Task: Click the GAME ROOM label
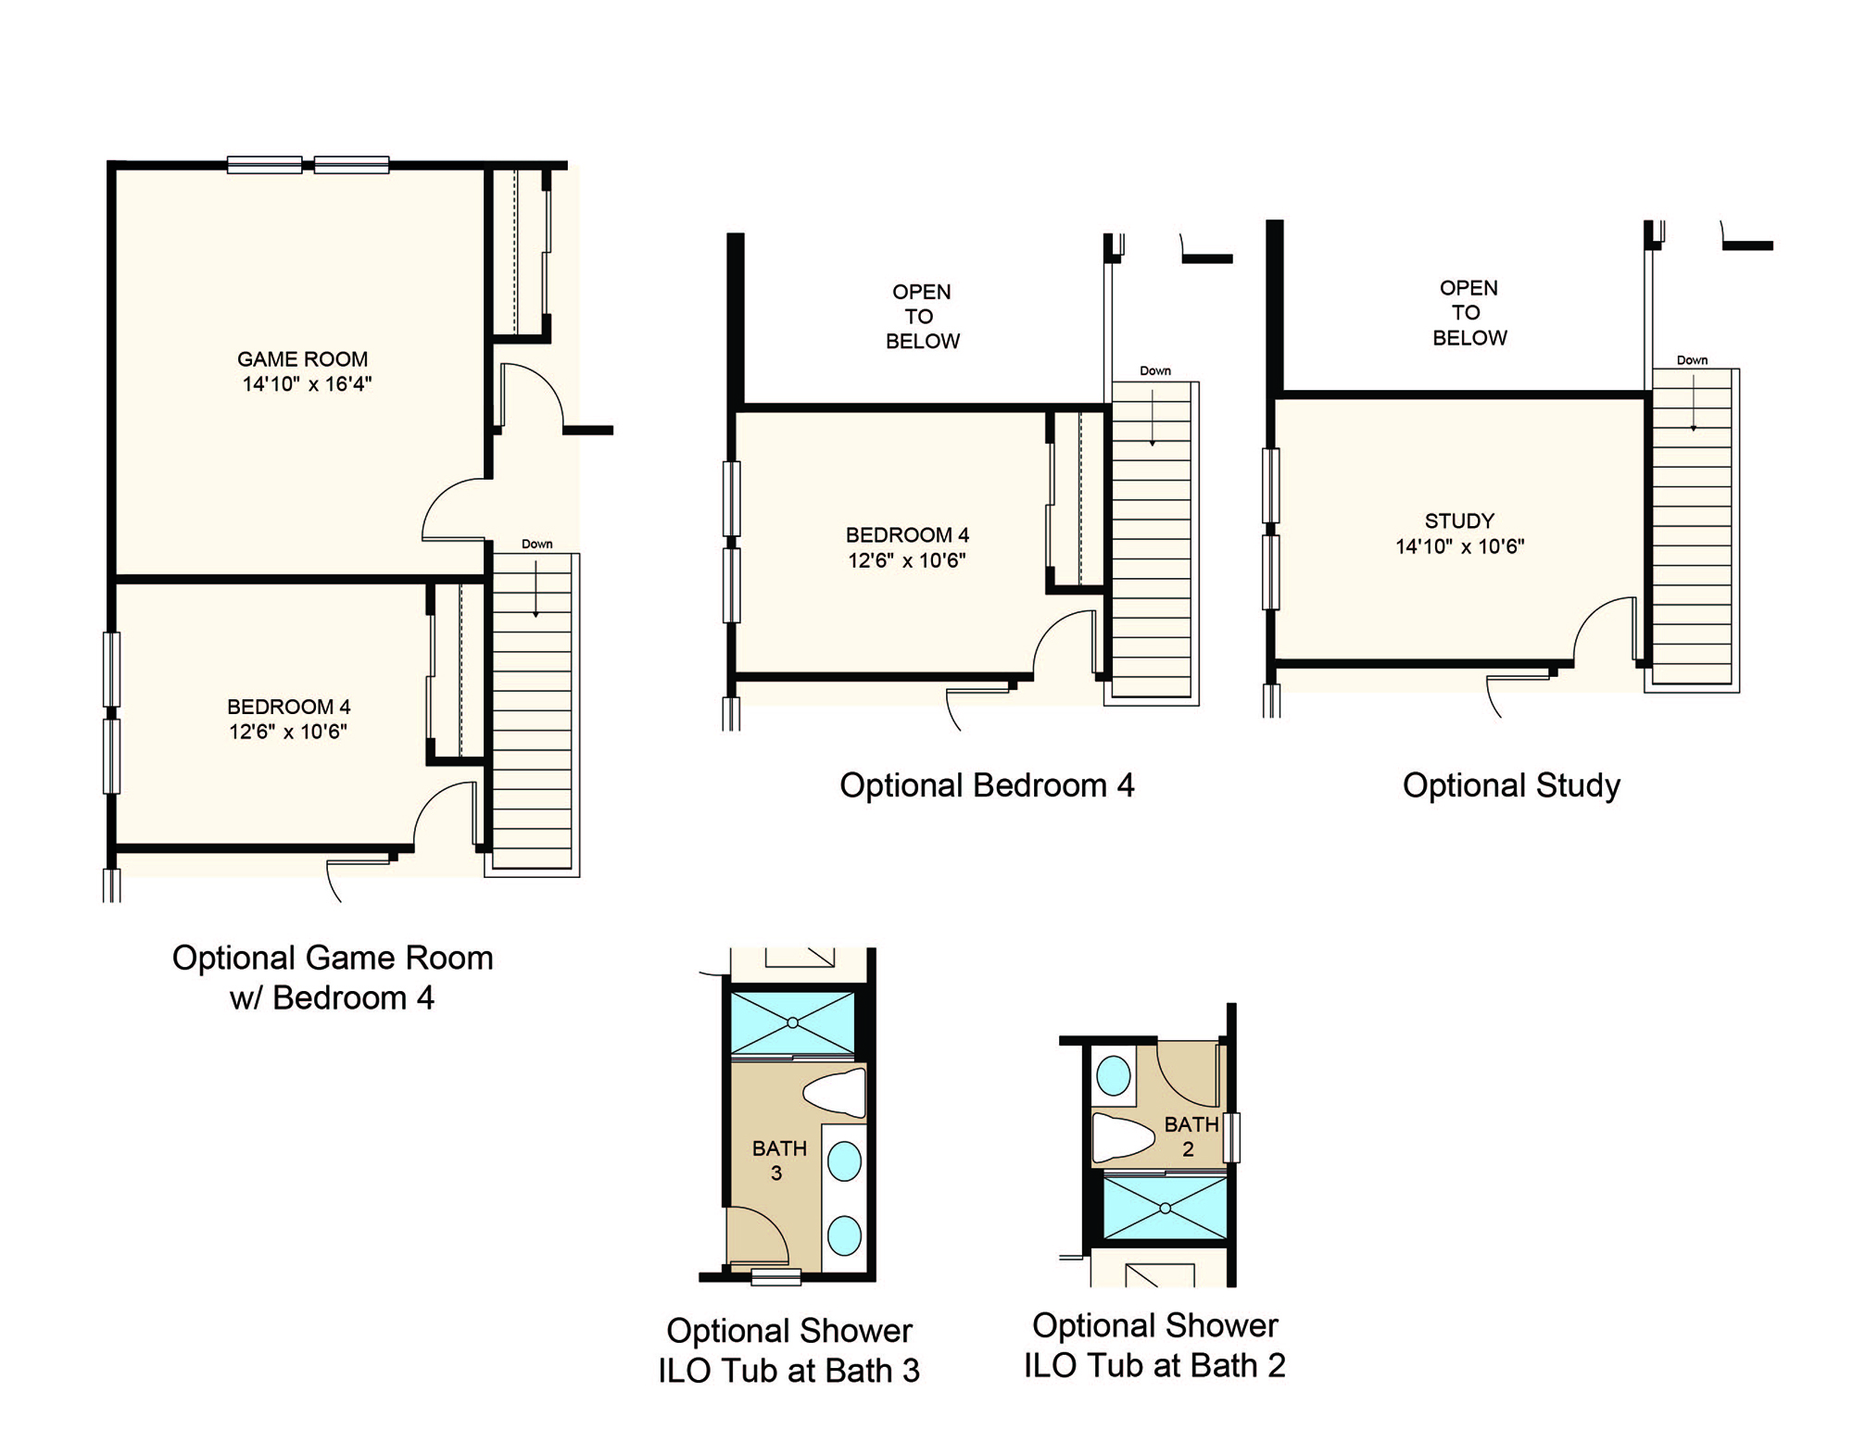point(302,359)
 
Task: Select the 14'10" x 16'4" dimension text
point(307,384)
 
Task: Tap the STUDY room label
point(1459,520)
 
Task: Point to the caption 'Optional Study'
point(1511,785)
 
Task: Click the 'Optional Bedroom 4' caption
point(987,785)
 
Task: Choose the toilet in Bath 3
point(836,1094)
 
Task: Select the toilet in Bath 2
point(1123,1137)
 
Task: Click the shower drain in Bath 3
point(793,1022)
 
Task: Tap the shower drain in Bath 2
point(1165,1208)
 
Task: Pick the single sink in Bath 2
point(1113,1077)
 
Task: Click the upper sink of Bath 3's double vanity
point(844,1161)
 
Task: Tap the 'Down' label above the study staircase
point(1692,360)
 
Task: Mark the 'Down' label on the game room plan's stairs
point(536,545)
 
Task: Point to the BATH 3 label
point(779,1160)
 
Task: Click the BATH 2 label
point(1191,1136)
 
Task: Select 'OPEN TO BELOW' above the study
point(1469,313)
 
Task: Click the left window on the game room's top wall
point(264,165)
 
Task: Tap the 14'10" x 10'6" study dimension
point(1460,546)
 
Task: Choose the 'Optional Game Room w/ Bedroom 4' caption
point(333,977)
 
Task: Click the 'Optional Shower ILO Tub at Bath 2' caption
point(1154,1345)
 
